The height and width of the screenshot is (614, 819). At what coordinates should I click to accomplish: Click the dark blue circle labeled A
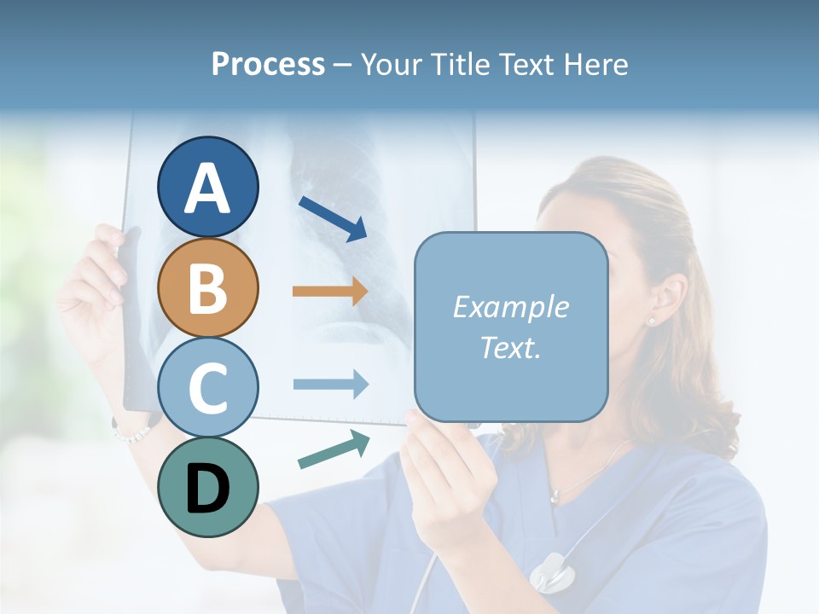(207, 187)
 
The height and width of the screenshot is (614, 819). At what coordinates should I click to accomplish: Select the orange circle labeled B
(207, 287)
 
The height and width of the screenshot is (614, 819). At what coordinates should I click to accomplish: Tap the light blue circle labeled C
(207, 387)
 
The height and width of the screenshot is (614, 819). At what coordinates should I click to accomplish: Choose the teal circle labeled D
(207, 487)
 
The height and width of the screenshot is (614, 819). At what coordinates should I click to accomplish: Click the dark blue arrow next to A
(333, 218)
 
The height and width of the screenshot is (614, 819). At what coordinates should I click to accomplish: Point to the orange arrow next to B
(329, 291)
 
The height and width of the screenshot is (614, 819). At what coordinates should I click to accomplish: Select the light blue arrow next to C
(330, 385)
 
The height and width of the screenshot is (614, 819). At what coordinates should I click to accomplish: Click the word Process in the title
(268, 64)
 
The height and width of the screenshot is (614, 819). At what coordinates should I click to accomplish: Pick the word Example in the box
(510, 307)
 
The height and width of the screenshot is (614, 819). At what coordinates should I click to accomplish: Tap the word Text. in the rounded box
(510, 347)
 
